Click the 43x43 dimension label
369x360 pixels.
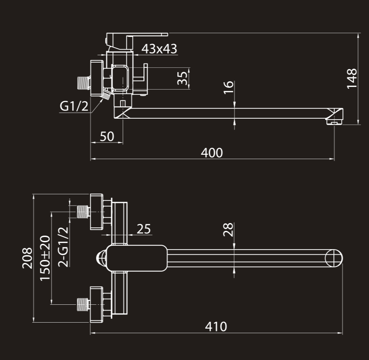(x=160, y=49)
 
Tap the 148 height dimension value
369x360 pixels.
(x=352, y=78)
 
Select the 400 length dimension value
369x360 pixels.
(x=212, y=153)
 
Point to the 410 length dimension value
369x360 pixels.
(x=216, y=327)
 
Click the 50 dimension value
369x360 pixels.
(x=106, y=137)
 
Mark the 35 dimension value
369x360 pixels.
(x=183, y=78)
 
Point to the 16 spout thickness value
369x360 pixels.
(x=228, y=89)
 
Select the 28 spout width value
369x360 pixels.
(x=228, y=229)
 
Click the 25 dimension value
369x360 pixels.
(x=144, y=229)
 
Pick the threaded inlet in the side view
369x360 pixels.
(x=82, y=82)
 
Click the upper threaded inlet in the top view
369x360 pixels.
(x=82, y=212)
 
